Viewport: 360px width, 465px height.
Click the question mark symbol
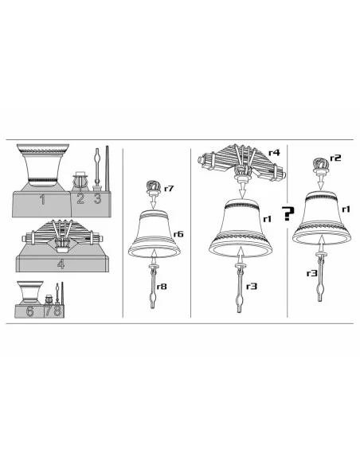(x=288, y=213)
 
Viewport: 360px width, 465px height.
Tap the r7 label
(x=169, y=189)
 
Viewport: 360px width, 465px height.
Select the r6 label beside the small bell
(x=178, y=234)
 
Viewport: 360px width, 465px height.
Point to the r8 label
(x=162, y=287)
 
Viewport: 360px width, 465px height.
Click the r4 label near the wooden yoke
(x=274, y=153)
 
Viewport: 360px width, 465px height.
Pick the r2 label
(x=335, y=158)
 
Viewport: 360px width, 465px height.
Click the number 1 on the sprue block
(x=43, y=200)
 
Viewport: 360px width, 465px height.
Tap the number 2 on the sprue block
(x=80, y=198)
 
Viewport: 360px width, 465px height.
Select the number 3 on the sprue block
(x=97, y=198)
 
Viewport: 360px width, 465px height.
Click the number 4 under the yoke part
(x=61, y=264)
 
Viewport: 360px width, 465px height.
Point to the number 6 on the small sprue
(x=30, y=311)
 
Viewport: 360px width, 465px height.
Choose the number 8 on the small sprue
(x=57, y=311)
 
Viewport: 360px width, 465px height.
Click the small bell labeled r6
(x=155, y=233)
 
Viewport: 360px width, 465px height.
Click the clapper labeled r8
(x=153, y=286)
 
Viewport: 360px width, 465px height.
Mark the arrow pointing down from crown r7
(x=153, y=202)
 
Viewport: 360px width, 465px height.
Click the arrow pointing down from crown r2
(x=320, y=182)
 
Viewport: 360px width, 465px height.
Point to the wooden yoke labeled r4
(x=241, y=162)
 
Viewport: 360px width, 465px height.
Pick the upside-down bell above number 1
(x=43, y=166)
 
